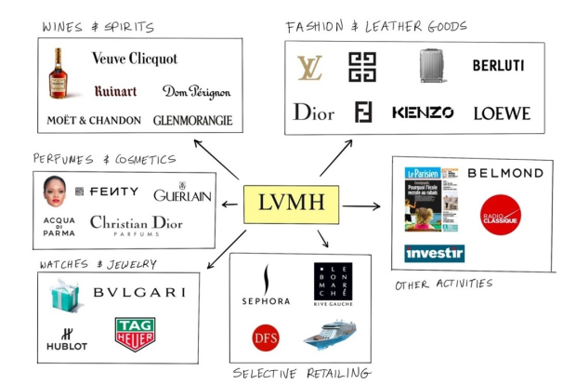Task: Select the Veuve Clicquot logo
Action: pyautogui.click(x=135, y=59)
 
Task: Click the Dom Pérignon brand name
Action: pyautogui.click(x=196, y=91)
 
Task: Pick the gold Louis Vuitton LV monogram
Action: pyautogui.click(x=309, y=68)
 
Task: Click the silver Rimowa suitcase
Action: pyautogui.click(x=433, y=67)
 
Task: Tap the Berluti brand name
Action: pyautogui.click(x=498, y=66)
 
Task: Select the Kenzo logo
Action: pyautogui.click(x=423, y=113)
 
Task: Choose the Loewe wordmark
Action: pyautogui.click(x=502, y=113)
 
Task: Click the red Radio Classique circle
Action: pyautogui.click(x=501, y=215)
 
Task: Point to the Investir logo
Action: pyautogui.click(x=434, y=253)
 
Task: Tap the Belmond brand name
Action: pyautogui.click(x=505, y=173)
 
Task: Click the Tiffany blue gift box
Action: pyautogui.click(x=69, y=297)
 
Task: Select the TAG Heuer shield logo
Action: pyautogui.click(x=134, y=334)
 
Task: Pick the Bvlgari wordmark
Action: pyautogui.click(x=139, y=293)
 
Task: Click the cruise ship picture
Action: pyautogui.click(x=330, y=334)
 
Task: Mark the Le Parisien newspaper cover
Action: pyautogui.click(x=431, y=200)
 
